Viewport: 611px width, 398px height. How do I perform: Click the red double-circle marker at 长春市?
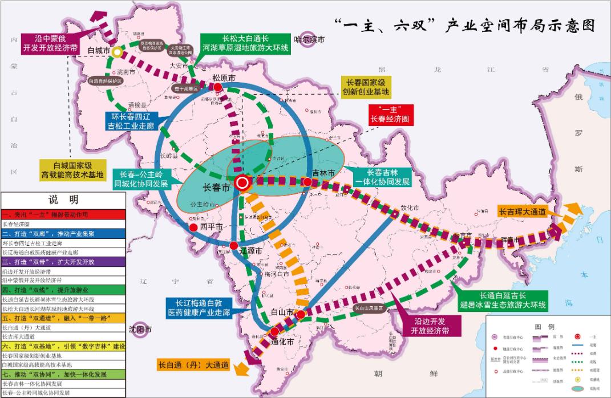pos(242,182)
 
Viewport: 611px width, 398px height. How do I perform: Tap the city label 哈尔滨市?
pos(309,40)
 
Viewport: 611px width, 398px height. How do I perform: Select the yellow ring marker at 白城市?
pos(116,52)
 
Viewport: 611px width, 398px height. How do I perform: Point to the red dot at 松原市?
pos(218,86)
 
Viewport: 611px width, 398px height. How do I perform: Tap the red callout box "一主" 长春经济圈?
pos(391,115)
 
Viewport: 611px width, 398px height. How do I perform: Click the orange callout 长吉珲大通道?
pos(523,212)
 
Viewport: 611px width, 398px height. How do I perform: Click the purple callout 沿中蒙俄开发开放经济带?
pos(50,44)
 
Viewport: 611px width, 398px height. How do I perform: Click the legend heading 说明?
pos(63,200)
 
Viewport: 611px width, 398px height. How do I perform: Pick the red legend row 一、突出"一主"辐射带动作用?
pos(63,214)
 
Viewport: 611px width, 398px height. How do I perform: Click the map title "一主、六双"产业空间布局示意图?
pos(463,25)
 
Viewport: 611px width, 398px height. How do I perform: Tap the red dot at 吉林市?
pos(307,182)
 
